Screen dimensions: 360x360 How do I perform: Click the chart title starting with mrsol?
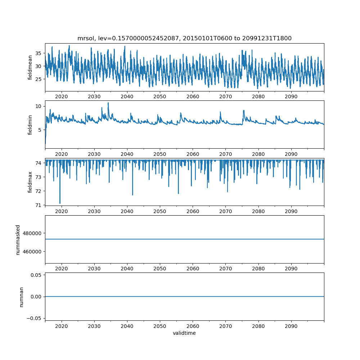(x=184, y=38)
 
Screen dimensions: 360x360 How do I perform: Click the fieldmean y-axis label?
(x=30, y=67)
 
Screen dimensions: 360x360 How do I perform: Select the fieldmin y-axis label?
(x=30, y=125)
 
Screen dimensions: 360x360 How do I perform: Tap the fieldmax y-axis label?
(x=30, y=182)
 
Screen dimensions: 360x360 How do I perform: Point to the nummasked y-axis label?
(x=18, y=239)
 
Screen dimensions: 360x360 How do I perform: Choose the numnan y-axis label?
(x=21, y=297)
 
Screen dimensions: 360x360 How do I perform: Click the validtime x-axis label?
(x=184, y=333)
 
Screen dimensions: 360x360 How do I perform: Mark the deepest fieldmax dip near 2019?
(x=60, y=203)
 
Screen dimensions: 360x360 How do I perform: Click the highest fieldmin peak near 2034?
(x=108, y=103)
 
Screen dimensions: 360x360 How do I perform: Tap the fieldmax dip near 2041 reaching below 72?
(x=132, y=195)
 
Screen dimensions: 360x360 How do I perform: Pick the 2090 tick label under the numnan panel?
(x=291, y=325)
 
